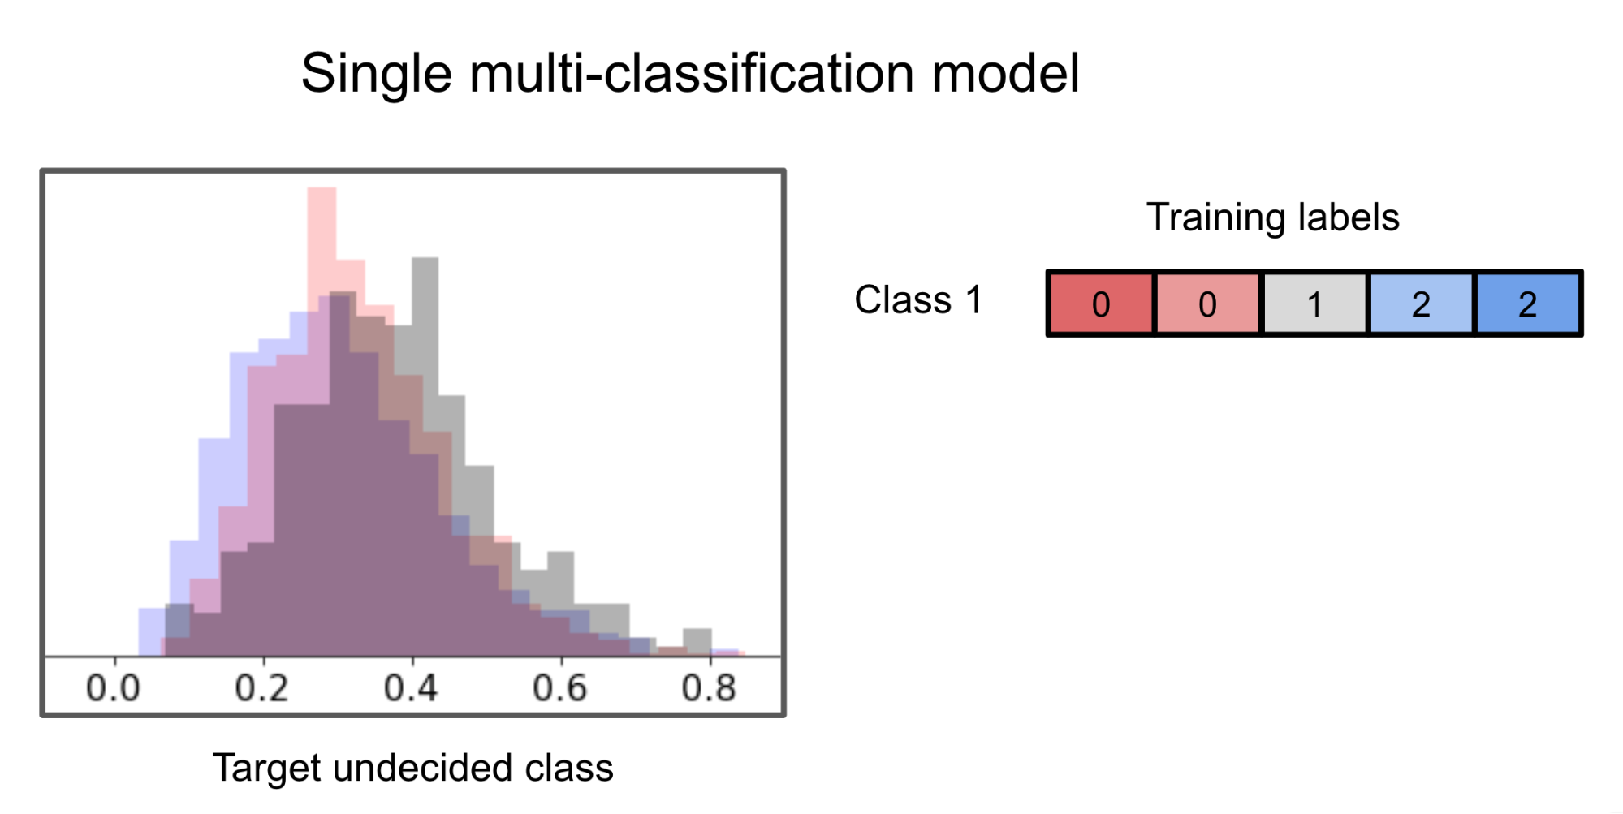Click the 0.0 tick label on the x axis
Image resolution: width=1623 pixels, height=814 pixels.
click(113, 688)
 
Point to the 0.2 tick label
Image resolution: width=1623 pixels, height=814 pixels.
click(261, 688)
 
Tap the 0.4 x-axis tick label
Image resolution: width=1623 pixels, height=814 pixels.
click(411, 688)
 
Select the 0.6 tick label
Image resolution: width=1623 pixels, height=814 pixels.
click(559, 688)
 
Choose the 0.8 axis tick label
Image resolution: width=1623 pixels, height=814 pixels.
click(709, 688)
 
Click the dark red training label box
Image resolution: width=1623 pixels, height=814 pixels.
click(1101, 304)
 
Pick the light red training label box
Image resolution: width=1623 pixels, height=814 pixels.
click(1207, 304)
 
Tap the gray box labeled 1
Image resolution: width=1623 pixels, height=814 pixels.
click(1314, 304)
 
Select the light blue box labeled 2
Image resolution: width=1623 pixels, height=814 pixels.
click(1421, 304)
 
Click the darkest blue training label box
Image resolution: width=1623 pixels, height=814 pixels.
click(1528, 304)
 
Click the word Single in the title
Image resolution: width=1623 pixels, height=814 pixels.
click(376, 74)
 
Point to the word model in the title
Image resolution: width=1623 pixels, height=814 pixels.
click(1005, 74)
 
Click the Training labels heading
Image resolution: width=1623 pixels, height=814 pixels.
click(1272, 217)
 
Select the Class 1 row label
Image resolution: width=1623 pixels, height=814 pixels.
click(918, 300)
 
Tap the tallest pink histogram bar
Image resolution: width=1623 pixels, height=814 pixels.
click(322, 243)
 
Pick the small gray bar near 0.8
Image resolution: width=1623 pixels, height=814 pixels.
click(697, 640)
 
